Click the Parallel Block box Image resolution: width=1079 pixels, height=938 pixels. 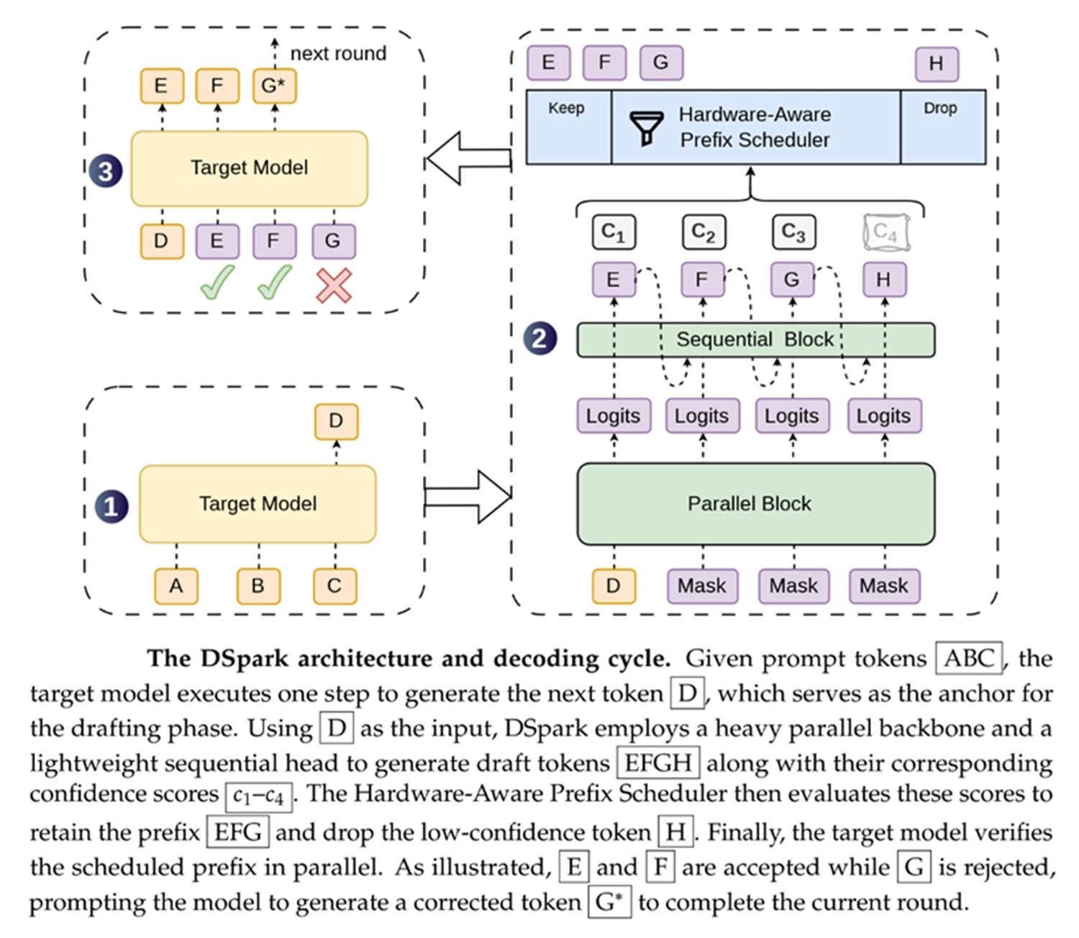(x=756, y=504)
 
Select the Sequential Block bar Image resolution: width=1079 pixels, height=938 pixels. (x=756, y=340)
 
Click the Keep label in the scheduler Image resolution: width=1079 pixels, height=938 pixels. (x=566, y=108)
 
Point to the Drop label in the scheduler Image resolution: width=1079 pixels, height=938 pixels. (x=939, y=108)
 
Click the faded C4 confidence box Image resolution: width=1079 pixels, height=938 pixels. (x=886, y=232)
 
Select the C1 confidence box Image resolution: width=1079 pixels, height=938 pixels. (x=614, y=232)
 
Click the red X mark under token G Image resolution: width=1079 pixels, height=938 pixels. (x=334, y=286)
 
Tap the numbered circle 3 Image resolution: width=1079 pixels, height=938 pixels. (x=106, y=170)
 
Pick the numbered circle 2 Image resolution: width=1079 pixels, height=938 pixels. (x=539, y=338)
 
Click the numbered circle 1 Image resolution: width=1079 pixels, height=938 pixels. (x=111, y=506)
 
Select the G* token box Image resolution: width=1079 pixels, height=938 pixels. (x=274, y=86)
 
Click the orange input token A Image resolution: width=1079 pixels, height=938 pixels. (x=176, y=586)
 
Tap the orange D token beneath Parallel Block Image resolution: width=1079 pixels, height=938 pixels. (x=614, y=586)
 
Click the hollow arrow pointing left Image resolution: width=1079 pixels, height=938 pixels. (x=469, y=158)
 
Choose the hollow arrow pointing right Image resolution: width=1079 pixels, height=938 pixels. (x=468, y=496)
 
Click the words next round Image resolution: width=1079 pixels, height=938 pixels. (x=339, y=53)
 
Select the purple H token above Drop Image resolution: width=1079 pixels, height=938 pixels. (x=937, y=64)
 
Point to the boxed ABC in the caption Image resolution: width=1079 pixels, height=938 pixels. (x=969, y=657)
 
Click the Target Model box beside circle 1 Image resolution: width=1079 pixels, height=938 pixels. (x=258, y=504)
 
